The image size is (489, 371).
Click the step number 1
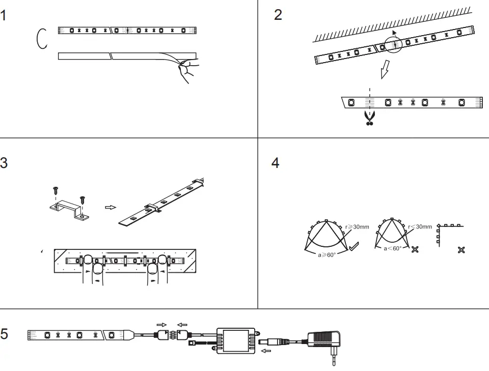(x=4, y=15)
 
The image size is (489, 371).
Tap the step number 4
(x=276, y=163)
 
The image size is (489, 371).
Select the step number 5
(x=4, y=334)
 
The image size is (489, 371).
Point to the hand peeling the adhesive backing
(x=187, y=70)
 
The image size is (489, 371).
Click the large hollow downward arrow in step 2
(x=386, y=70)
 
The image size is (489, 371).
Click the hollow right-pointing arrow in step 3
(x=110, y=207)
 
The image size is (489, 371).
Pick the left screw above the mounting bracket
(x=55, y=192)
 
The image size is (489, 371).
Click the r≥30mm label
(x=357, y=226)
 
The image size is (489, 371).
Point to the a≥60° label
(x=327, y=254)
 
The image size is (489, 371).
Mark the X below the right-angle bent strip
(x=461, y=250)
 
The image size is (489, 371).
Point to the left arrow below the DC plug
(x=265, y=351)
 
